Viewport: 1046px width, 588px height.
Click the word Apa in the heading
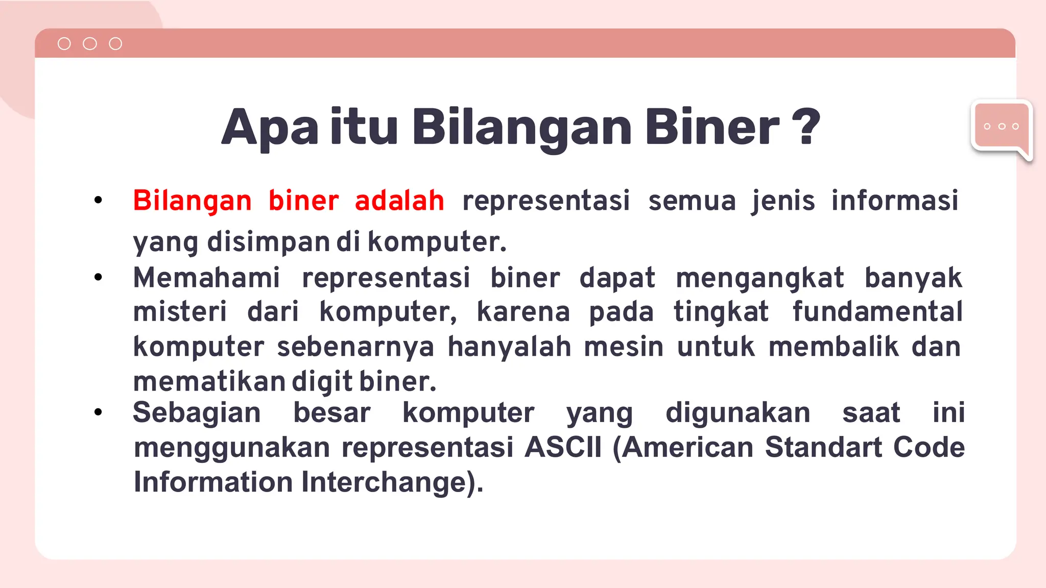coord(270,128)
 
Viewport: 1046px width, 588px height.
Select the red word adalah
coord(399,200)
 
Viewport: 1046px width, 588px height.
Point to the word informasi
coord(895,200)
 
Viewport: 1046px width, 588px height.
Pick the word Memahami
coord(206,278)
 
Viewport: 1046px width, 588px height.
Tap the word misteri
coord(180,311)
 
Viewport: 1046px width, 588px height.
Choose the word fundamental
coord(877,311)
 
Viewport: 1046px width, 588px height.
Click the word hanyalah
coord(509,347)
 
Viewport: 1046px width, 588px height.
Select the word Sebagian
coord(197,412)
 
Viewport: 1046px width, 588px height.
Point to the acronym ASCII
coord(563,447)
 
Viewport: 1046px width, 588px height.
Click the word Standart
coord(823,447)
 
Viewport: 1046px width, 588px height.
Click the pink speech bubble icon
coord(1001,128)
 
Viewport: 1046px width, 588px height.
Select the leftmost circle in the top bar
coord(64,44)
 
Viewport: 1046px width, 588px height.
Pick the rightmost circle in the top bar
coord(115,44)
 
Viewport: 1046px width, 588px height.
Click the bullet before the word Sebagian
coord(98,412)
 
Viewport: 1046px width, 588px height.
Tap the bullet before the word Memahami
coord(98,277)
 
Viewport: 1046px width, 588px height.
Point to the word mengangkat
coord(759,279)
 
